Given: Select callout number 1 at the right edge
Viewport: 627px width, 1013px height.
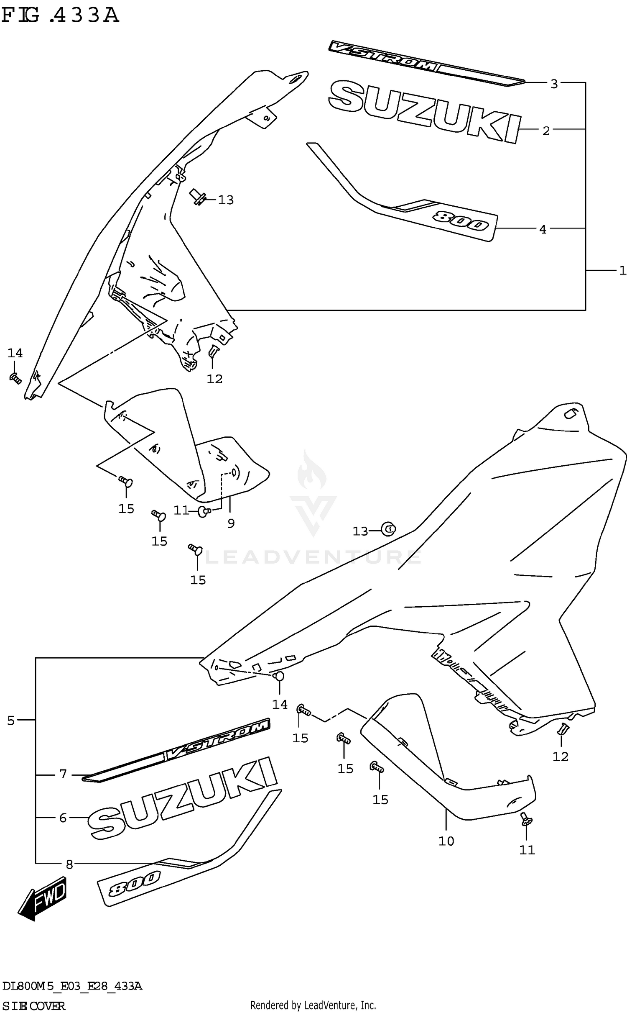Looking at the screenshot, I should (622, 271).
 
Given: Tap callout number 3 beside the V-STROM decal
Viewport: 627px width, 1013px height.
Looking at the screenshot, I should (554, 84).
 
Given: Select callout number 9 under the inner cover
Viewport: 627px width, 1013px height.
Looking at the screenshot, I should (231, 523).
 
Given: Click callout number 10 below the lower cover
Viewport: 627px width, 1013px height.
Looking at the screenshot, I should (446, 841).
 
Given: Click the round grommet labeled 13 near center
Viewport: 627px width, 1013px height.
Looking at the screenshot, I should (389, 529).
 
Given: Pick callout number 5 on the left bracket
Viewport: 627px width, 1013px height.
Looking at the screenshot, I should (11, 721).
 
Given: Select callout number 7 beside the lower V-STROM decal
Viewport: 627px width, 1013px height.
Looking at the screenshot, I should (63, 774).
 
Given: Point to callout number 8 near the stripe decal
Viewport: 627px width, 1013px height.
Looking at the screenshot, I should (69, 864).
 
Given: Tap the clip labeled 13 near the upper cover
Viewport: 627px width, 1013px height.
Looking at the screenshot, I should (198, 197).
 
